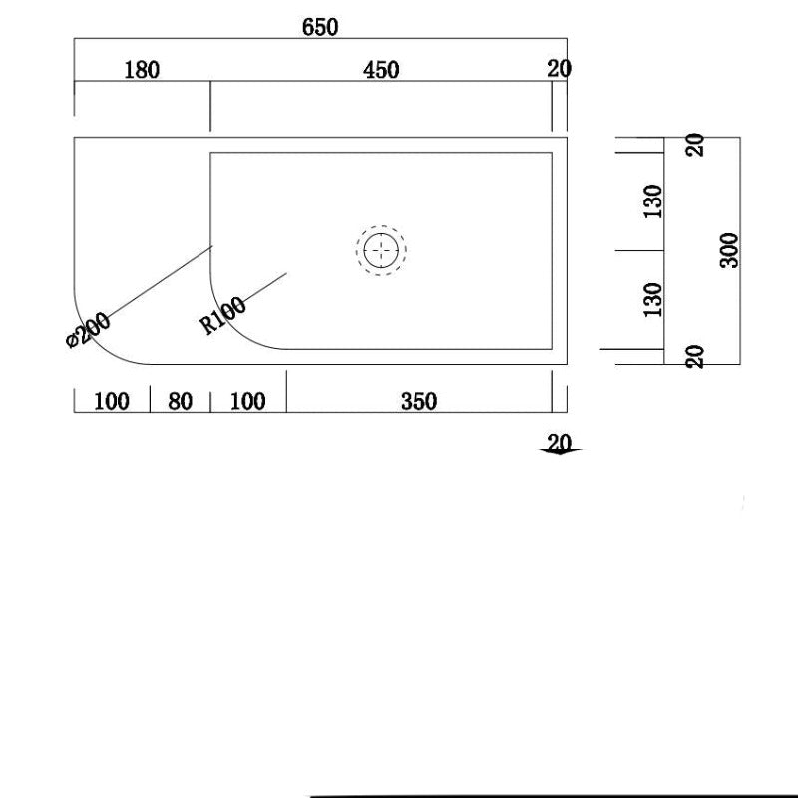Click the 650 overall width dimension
(320, 27)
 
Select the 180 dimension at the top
(141, 69)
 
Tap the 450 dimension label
(381, 69)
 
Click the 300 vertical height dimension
(729, 249)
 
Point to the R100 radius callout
(222, 316)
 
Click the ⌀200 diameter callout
(88, 330)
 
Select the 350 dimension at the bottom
(419, 401)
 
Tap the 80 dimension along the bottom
(180, 401)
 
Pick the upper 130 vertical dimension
(653, 201)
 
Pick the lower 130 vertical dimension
(653, 299)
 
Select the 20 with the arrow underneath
(560, 441)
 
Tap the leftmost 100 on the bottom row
(112, 401)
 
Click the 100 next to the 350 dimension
(247, 401)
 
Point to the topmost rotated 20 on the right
(696, 144)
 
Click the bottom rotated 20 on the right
(696, 356)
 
